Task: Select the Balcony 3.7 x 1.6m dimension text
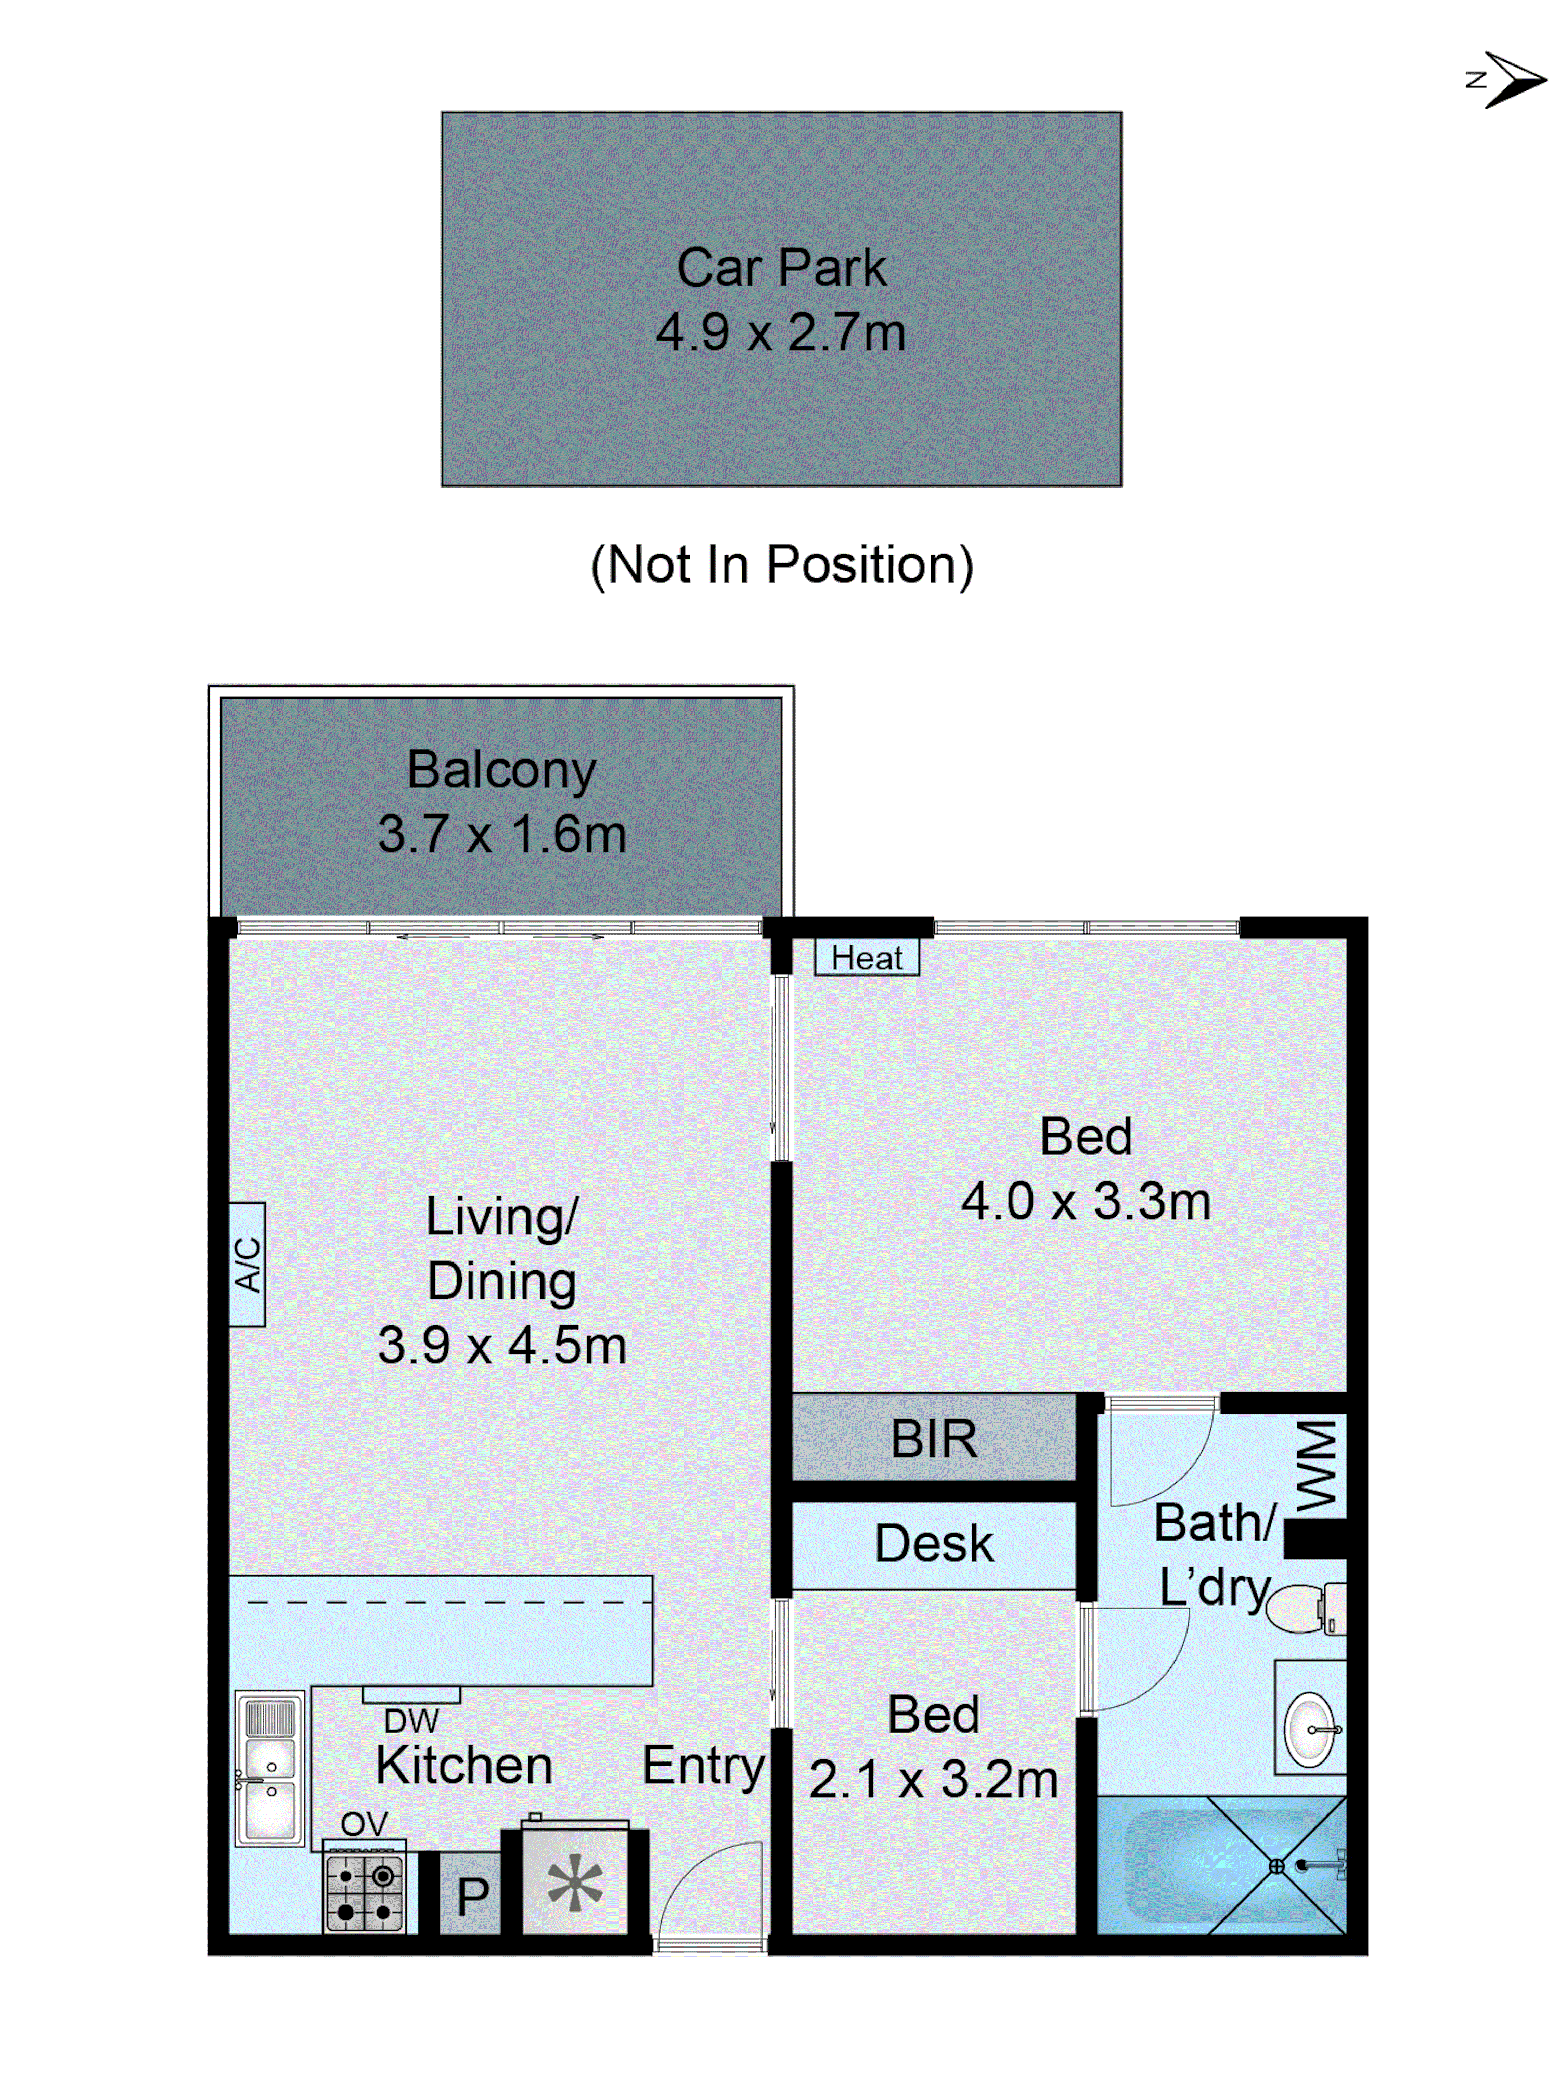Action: click(501, 834)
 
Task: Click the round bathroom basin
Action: click(1310, 1728)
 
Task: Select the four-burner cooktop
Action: click(364, 1892)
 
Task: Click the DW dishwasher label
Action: click(411, 1720)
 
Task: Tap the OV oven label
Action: click(364, 1823)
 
